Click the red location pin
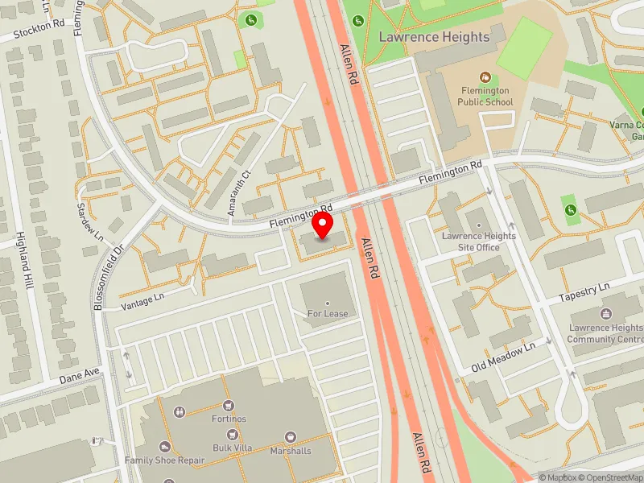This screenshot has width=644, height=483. coord(323,225)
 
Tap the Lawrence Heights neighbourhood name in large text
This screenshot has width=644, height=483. coord(434,37)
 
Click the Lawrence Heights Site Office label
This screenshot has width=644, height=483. coord(479,242)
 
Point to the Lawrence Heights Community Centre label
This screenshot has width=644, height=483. coord(605,333)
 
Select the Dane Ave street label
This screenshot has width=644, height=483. coord(79,375)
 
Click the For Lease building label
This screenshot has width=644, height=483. coord(328,313)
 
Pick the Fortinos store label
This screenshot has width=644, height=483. coord(229,419)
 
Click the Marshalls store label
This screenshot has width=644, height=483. coord(291,451)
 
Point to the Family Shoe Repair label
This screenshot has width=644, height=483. coord(165,460)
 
